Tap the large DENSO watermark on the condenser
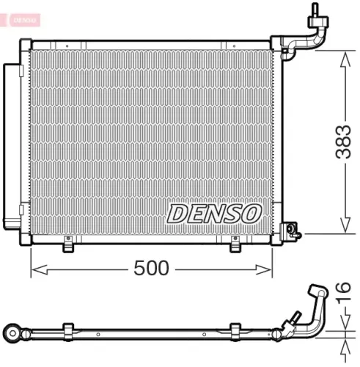pos(213,213)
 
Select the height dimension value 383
pos(342,143)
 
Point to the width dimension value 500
pos(152,269)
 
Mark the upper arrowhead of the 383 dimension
pos(342,59)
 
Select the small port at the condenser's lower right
pos(294,233)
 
